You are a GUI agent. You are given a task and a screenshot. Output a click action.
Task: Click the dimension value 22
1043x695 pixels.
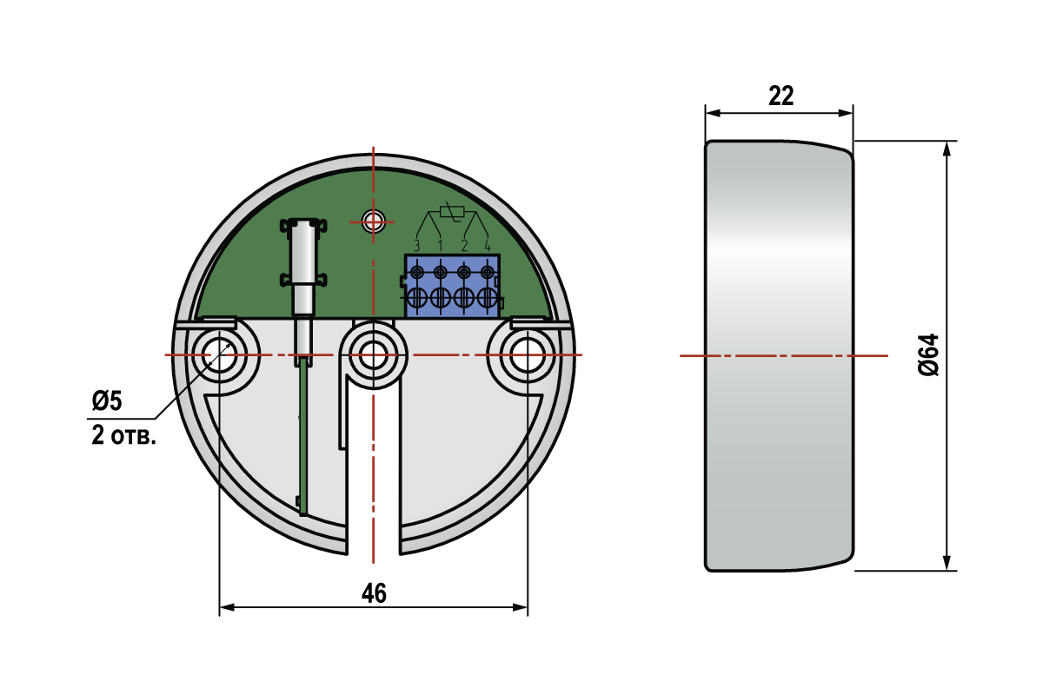coord(781,96)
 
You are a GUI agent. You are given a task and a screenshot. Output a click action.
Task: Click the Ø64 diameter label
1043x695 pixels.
coord(928,354)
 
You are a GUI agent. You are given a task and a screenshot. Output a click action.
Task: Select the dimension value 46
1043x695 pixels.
coord(374,593)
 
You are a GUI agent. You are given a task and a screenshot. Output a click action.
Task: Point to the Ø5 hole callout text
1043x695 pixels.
coord(107,400)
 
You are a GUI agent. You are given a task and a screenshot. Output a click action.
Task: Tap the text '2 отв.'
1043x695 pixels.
coord(123,436)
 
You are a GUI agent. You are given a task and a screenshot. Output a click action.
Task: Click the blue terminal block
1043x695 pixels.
coord(452,286)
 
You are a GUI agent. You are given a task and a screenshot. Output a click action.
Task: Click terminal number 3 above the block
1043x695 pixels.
coord(416,245)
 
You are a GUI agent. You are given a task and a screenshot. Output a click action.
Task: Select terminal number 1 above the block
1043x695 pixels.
coord(441,245)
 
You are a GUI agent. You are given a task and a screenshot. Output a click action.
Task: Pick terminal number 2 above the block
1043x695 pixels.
coord(464,245)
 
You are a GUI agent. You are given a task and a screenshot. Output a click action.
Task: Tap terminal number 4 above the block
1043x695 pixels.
coord(488,245)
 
